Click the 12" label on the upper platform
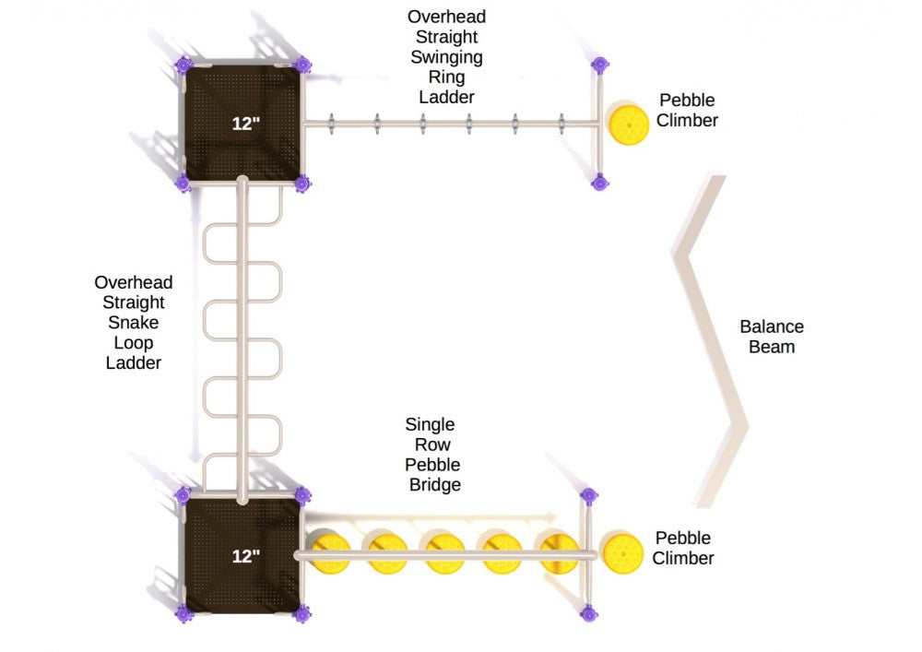(244, 123)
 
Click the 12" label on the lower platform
(245, 556)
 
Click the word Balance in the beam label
(771, 326)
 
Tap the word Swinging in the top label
(446, 57)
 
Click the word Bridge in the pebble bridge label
(434, 484)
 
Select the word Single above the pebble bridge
(430, 425)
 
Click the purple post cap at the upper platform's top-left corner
(183, 65)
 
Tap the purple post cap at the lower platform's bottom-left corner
(183, 612)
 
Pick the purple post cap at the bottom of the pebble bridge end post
(587, 612)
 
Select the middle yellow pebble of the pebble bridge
(442, 551)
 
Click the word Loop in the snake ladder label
(134, 343)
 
